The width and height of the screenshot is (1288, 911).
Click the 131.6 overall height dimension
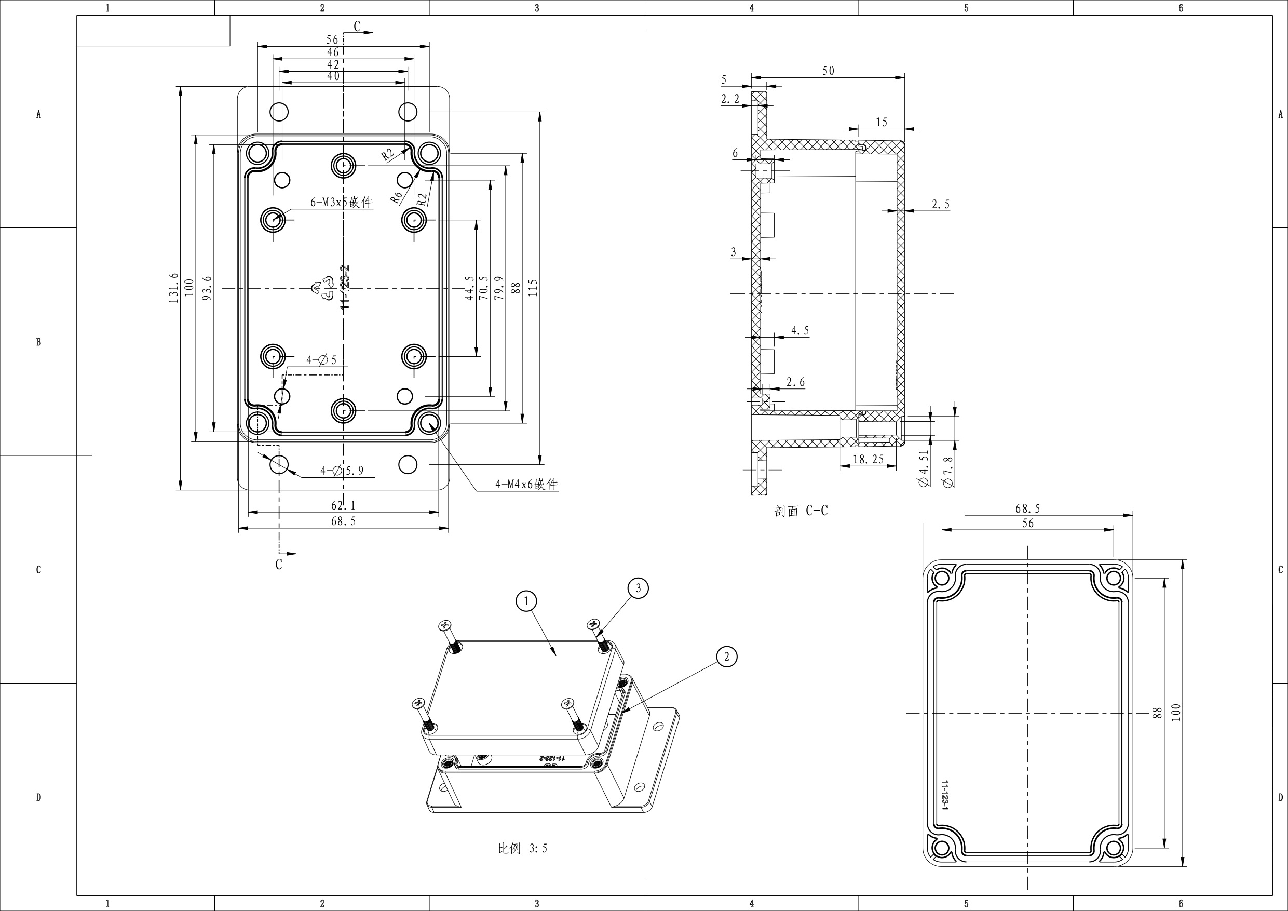point(173,288)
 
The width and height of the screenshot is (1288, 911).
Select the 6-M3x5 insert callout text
point(342,202)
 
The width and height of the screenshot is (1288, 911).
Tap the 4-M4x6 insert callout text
point(526,485)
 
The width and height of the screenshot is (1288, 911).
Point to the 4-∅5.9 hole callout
point(342,471)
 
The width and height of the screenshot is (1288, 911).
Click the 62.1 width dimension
point(343,505)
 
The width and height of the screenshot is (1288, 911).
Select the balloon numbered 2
point(726,656)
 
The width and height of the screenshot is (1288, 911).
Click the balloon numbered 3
point(638,588)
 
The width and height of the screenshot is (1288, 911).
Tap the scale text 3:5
point(522,848)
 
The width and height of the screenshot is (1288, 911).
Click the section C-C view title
point(801,511)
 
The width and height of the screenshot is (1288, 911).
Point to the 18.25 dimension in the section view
point(868,459)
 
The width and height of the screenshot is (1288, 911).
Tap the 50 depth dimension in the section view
point(828,71)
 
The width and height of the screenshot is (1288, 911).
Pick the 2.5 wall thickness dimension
point(940,204)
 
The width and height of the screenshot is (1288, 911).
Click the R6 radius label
point(396,196)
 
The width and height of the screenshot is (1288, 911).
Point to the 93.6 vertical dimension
point(207,288)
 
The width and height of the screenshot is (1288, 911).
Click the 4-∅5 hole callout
point(321,360)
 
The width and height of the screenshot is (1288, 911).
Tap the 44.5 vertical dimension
point(469,288)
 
